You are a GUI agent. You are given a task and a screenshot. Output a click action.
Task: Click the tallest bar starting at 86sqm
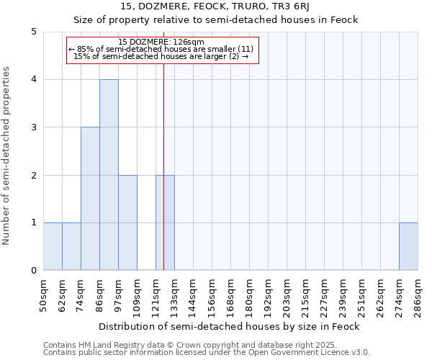109,175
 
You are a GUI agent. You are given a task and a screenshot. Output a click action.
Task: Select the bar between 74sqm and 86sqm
90,199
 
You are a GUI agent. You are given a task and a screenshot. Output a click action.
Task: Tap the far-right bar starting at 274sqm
408,246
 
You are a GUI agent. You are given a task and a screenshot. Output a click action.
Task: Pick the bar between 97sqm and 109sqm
127,222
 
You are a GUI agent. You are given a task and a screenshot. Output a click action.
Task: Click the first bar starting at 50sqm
53,246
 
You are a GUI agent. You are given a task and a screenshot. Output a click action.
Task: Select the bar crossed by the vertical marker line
165,222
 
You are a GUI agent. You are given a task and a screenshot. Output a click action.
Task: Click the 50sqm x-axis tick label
43,296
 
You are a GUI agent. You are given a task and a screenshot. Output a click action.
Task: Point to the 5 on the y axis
33,32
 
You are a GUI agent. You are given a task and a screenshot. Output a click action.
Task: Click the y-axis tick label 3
33,127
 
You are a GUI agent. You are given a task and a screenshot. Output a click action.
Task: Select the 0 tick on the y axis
33,271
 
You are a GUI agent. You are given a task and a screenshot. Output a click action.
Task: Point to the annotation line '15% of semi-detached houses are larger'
161,56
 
